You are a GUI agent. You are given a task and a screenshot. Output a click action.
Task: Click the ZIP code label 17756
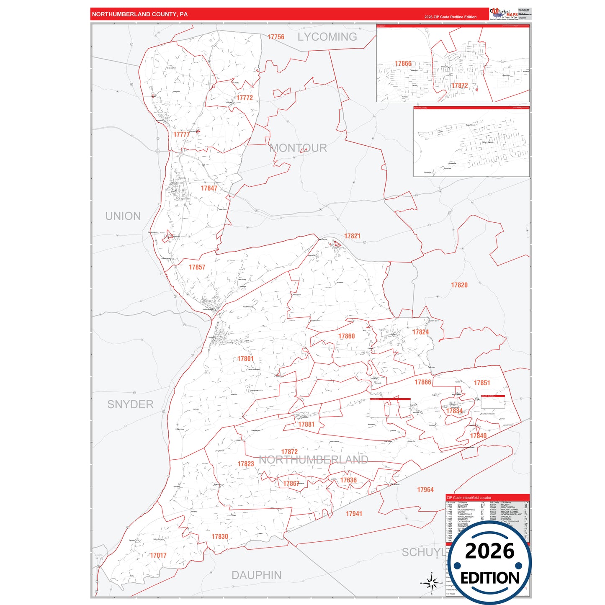coord(276,37)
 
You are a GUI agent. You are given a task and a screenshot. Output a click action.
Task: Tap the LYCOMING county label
coord(327,37)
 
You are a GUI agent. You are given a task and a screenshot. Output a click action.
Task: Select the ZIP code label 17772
coord(245,98)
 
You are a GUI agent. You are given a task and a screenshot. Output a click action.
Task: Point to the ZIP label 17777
coord(182,134)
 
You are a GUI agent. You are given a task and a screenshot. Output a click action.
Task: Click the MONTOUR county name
coord(298,148)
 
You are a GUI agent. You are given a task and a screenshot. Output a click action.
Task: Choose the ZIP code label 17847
coord(209,188)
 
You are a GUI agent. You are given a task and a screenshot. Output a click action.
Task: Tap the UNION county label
coord(123,216)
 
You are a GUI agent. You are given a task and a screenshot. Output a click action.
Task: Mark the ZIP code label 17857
coord(197,267)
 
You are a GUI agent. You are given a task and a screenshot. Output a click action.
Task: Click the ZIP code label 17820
coord(459,285)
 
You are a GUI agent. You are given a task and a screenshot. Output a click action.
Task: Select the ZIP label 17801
coord(245,358)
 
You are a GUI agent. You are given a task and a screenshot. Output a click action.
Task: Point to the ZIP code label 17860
coord(346,336)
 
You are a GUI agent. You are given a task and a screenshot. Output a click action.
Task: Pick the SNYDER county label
coord(130,404)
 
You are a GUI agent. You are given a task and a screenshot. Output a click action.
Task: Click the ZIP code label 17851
coord(481,383)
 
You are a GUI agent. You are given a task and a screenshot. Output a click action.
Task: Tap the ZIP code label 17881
coord(306,424)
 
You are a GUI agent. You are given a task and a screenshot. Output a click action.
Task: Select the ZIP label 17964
coord(425,489)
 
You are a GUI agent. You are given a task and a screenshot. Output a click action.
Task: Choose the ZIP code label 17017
coord(158,555)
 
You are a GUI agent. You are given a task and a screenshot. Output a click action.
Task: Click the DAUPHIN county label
coord(256,575)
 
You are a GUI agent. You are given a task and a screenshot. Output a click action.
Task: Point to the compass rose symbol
coord(432,582)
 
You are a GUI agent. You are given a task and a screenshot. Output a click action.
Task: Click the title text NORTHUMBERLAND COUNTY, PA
coord(140,14)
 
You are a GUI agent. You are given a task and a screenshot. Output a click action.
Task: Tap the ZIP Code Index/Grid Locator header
coord(469,498)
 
